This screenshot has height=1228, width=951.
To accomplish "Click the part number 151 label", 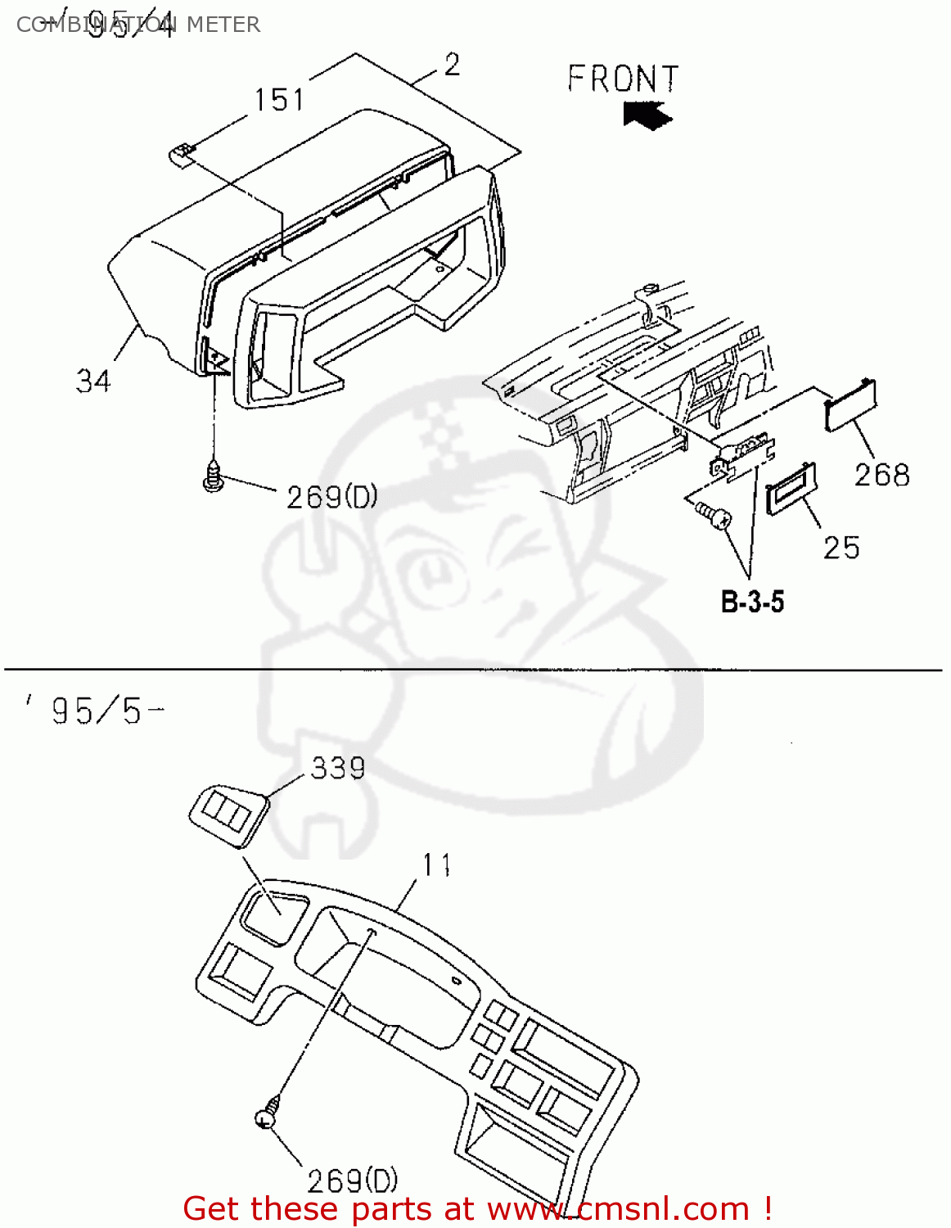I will [279, 100].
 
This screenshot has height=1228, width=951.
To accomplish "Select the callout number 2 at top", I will [453, 65].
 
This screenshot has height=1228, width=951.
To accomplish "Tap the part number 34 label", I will [93, 381].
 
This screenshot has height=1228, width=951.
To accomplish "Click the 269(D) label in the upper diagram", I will [331, 496].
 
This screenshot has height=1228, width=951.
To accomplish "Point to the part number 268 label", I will [881, 475].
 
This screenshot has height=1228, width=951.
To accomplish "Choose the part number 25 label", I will [841, 548].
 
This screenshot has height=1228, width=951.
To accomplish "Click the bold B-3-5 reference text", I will [752, 602].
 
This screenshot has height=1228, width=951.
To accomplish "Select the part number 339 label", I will [338, 768].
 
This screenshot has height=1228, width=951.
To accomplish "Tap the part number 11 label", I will [437, 865].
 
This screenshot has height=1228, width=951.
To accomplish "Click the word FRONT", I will [624, 79].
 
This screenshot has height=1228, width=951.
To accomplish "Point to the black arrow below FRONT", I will [647, 114].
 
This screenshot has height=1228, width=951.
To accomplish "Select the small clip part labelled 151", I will [183, 153].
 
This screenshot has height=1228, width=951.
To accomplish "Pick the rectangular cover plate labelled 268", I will [852, 405].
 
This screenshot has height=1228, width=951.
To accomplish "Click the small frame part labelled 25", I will [791, 489].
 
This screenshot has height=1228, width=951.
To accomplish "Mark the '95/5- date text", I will [94, 711].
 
